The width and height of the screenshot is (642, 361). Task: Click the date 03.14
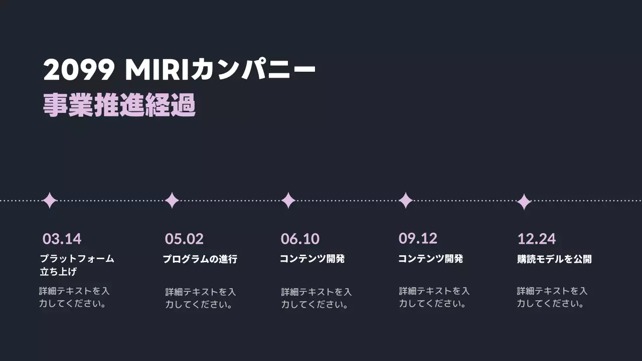click(x=62, y=239)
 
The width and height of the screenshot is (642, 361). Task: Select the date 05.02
click(x=184, y=239)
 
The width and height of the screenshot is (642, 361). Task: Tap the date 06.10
click(x=300, y=239)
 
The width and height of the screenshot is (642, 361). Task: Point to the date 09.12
click(x=418, y=238)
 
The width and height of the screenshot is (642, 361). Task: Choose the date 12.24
click(x=536, y=239)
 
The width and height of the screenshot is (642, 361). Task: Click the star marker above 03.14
click(x=50, y=201)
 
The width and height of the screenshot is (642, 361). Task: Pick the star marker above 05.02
click(x=172, y=201)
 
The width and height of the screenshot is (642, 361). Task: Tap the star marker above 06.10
click(x=288, y=201)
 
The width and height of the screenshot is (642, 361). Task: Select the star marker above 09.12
click(x=406, y=201)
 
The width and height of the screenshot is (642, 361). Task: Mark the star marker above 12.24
click(x=524, y=202)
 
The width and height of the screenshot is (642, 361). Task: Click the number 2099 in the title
click(x=79, y=70)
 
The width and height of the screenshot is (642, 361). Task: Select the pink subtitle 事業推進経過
click(x=119, y=105)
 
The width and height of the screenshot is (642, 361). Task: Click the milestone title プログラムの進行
click(x=200, y=259)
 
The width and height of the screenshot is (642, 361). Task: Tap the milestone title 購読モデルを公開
click(x=554, y=259)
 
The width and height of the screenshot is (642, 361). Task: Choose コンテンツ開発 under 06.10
click(x=312, y=259)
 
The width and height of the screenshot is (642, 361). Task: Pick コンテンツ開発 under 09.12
click(x=430, y=259)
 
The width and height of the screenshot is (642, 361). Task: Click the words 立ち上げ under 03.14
click(x=58, y=272)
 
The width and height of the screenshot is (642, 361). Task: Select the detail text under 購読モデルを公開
click(x=552, y=297)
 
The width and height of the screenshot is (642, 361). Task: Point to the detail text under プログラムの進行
click(x=200, y=298)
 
